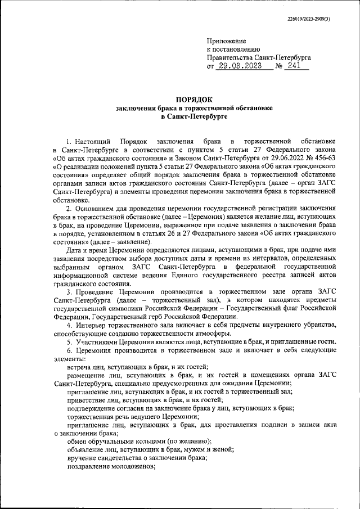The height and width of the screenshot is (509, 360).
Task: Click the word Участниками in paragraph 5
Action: click(x=96, y=343)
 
